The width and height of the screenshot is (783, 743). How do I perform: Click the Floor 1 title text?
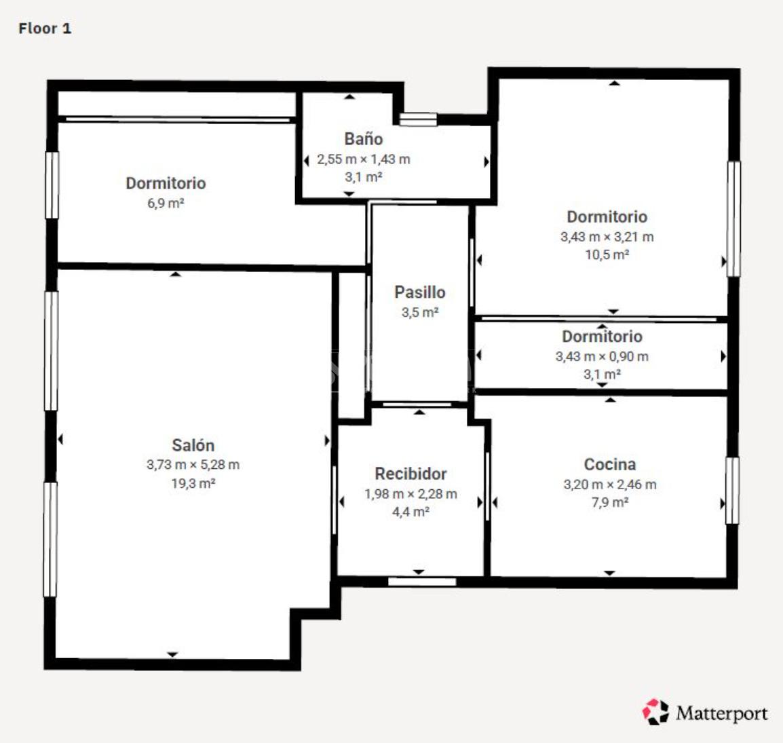point(45,28)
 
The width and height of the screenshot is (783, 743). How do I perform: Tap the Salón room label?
point(193,445)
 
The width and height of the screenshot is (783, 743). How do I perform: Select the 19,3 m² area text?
point(193,483)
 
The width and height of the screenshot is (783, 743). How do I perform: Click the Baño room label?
point(364,139)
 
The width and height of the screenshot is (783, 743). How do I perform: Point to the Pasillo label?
point(420,292)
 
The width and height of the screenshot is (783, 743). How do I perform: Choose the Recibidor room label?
point(411,474)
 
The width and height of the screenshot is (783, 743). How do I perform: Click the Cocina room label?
point(610,464)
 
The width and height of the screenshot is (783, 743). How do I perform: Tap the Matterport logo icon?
point(655,712)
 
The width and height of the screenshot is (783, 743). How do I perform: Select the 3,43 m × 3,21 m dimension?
point(607,237)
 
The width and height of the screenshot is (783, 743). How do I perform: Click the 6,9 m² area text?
point(166,204)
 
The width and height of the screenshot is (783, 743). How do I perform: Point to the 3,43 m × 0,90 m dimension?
point(602,356)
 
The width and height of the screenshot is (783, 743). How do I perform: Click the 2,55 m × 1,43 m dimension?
point(364,159)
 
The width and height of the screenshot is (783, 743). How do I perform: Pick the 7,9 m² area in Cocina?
point(610,502)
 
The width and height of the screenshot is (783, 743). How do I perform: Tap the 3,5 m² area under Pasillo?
point(420,313)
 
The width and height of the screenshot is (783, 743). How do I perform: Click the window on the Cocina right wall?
point(732,491)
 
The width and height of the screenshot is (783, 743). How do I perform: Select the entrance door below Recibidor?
point(422,582)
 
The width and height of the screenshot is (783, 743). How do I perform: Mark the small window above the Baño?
point(419,119)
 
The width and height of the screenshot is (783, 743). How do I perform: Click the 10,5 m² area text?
point(607,254)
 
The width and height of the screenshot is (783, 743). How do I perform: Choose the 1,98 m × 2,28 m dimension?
point(410,494)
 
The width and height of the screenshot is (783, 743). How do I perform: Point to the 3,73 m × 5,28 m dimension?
point(193,465)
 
